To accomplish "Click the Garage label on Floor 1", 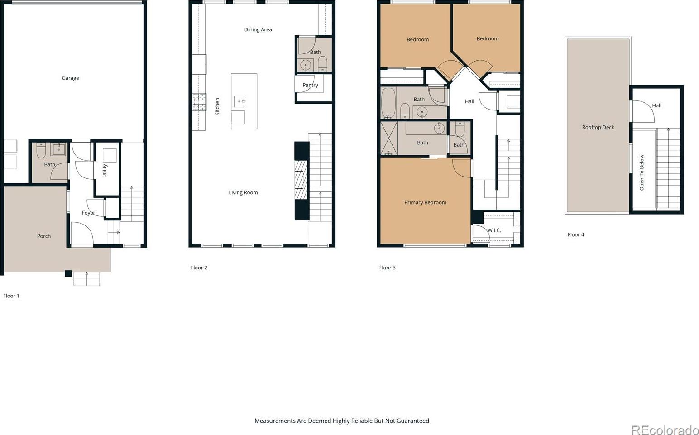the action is (x=70, y=78).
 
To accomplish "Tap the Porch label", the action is (x=43, y=236).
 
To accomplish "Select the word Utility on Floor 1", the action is (x=105, y=171).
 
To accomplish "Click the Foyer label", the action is (x=88, y=213).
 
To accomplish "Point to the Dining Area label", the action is (x=258, y=29).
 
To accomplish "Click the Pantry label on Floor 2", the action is (x=310, y=85).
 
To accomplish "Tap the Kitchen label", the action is (x=217, y=106).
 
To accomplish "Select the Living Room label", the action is (x=244, y=192).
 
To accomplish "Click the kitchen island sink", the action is (x=239, y=101).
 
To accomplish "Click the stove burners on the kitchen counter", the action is (x=199, y=102).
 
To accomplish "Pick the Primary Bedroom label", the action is (x=425, y=202).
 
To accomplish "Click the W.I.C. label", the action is (x=494, y=230).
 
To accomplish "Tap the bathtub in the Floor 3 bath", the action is (x=388, y=103).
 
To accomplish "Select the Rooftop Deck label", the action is (x=598, y=127).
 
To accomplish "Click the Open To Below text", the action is (x=642, y=172).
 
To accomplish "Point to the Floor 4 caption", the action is (x=576, y=234).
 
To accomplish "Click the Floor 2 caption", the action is (x=199, y=268).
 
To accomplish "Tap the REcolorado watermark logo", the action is (x=665, y=430).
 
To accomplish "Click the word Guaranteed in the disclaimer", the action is (x=412, y=421).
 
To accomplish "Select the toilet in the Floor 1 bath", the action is (x=41, y=150).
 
